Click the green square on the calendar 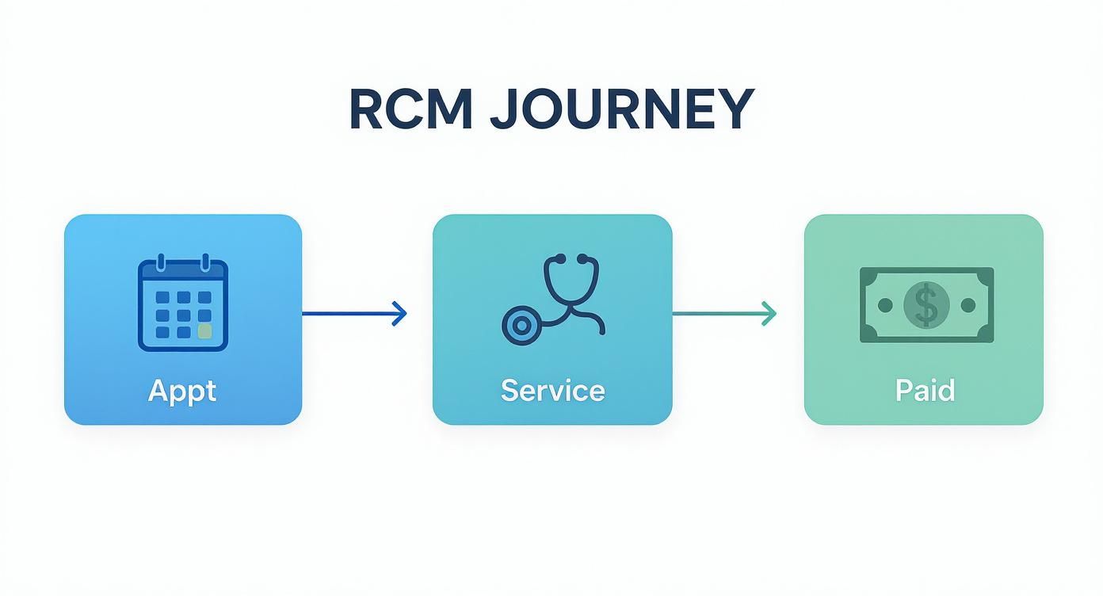click(x=204, y=330)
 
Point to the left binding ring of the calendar click(x=160, y=262)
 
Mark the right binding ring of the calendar click(x=205, y=262)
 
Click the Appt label click(x=182, y=391)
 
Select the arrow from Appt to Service click(x=353, y=314)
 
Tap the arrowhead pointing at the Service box click(x=400, y=314)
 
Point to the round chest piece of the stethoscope click(x=521, y=325)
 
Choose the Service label click(x=552, y=391)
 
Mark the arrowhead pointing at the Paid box click(x=769, y=314)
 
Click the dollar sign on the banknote click(x=926, y=305)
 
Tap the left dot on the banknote click(x=886, y=305)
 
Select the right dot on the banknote click(x=968, y=305)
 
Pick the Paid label click(x=925, y=391)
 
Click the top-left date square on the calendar click(x=162, y=297)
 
